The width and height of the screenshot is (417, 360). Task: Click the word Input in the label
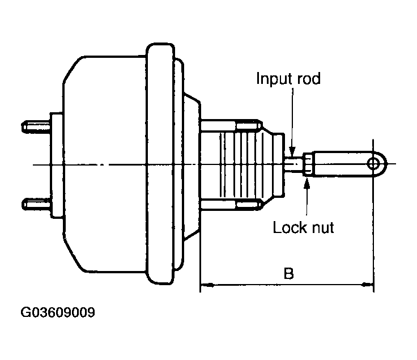click(273, 79)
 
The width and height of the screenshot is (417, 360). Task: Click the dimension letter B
click(289, 274)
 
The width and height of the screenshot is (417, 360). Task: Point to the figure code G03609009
click(58, 312)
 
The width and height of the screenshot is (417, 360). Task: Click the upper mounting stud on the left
click(36, 127)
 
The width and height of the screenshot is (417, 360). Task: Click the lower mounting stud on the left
click(36, 204)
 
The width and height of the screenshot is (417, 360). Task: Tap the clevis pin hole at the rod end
click(373, 164)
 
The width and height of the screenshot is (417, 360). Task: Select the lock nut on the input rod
click(307, 164)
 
